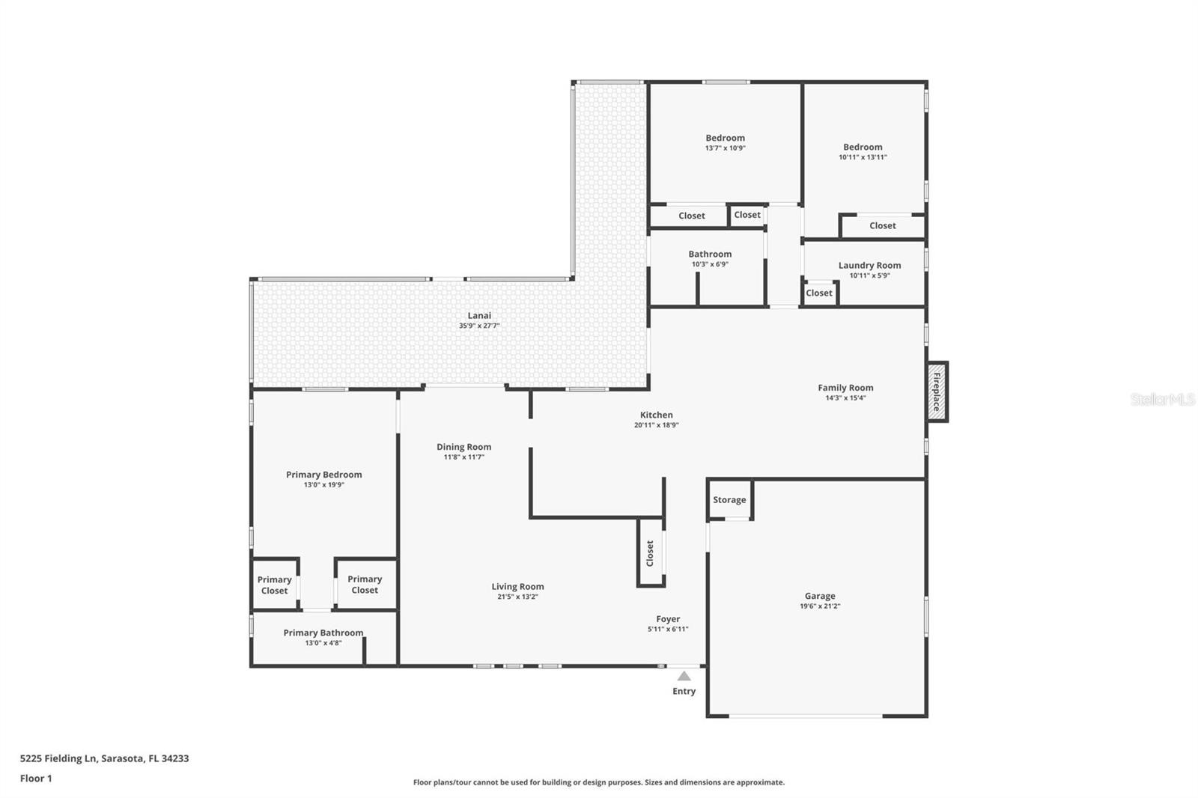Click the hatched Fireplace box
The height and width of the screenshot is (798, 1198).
[x=937, y=392]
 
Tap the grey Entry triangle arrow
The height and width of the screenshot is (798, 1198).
[x=684, y=676]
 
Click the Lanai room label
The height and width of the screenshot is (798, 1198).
[x=479, y=316]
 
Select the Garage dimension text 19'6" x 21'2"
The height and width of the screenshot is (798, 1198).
[x=820, y=606]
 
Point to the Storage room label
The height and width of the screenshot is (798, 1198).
[x=729, y=499]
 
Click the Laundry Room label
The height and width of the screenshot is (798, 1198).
[x=869, y=265]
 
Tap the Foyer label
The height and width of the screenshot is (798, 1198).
[x=668, y=619]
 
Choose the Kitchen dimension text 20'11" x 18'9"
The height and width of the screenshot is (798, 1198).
[x=656, y=425]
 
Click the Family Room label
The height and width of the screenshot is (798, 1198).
[x=845, y=388]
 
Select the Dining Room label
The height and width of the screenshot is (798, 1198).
[x=463, y=447]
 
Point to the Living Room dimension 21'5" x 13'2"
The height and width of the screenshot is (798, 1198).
[x=517, y=597]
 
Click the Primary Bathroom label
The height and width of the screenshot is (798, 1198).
[x=323, y=633]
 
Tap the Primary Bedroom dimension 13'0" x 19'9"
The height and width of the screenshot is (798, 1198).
[x=324, y=485]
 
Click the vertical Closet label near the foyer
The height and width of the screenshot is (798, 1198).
[x=651, y=553]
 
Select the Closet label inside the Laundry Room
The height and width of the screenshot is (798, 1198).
[x=819, y=293]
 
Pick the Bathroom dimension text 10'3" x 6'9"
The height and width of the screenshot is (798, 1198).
[x=710, y=264]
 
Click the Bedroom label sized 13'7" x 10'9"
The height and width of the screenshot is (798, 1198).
[x=726, y=138]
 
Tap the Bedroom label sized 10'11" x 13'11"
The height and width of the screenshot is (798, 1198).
[x=863, y=147]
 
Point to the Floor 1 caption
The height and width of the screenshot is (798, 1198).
[x=36, y=779]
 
